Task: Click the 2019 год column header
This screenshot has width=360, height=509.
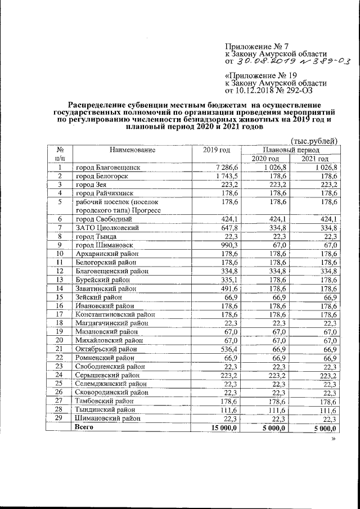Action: (217, 150)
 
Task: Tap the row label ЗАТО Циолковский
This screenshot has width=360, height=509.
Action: (107, 228)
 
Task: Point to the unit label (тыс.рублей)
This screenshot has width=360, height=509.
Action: (313, 140)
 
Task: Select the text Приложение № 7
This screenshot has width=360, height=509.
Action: (254, 44)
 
